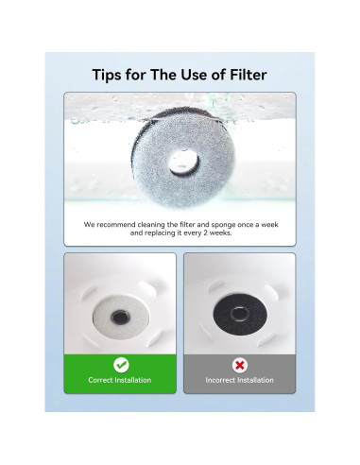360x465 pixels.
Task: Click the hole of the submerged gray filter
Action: click(x=180, y=163)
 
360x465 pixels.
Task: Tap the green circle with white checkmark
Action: click(x=121, y=364)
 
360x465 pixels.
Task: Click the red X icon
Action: click(x=239, y=364)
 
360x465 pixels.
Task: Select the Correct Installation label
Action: click(x=121, y=380)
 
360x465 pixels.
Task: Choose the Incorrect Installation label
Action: click(x=239, y=380)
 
